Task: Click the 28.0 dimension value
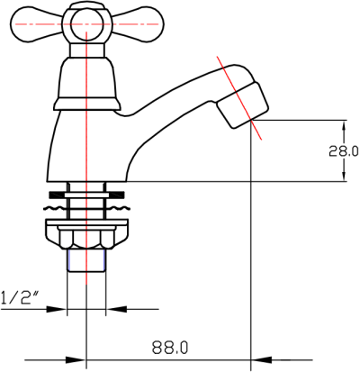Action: [343, 151]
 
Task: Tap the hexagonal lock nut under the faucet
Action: [86, 240]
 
